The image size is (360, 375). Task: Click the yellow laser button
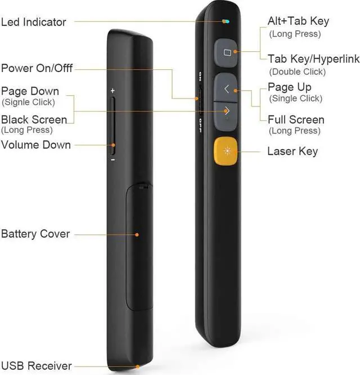pos(226,151)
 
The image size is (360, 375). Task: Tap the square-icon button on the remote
pos(227,53)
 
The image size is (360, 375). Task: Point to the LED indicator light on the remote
pos(225,22)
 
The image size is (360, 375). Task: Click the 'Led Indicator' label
pos(34,23)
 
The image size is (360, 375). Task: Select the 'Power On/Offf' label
pos(37,69)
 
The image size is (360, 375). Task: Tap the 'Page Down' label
pos(30,91)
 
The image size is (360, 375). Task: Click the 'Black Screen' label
pos(34,119)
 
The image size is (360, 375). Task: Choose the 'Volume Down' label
pos(36,145)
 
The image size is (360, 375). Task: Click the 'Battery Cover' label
pos(35,234)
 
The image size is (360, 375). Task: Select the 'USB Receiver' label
pos(36,366)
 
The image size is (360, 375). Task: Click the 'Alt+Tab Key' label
pos(298,21)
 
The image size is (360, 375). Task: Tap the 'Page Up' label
pos(289,87)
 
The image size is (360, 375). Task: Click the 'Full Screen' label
pos(296,119)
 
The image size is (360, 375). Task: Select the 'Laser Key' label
pos(292,151)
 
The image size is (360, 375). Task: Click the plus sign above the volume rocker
pos(112,90)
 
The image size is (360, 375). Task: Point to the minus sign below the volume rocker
pos(112,159)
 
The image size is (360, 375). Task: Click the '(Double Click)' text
pos(297,72)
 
